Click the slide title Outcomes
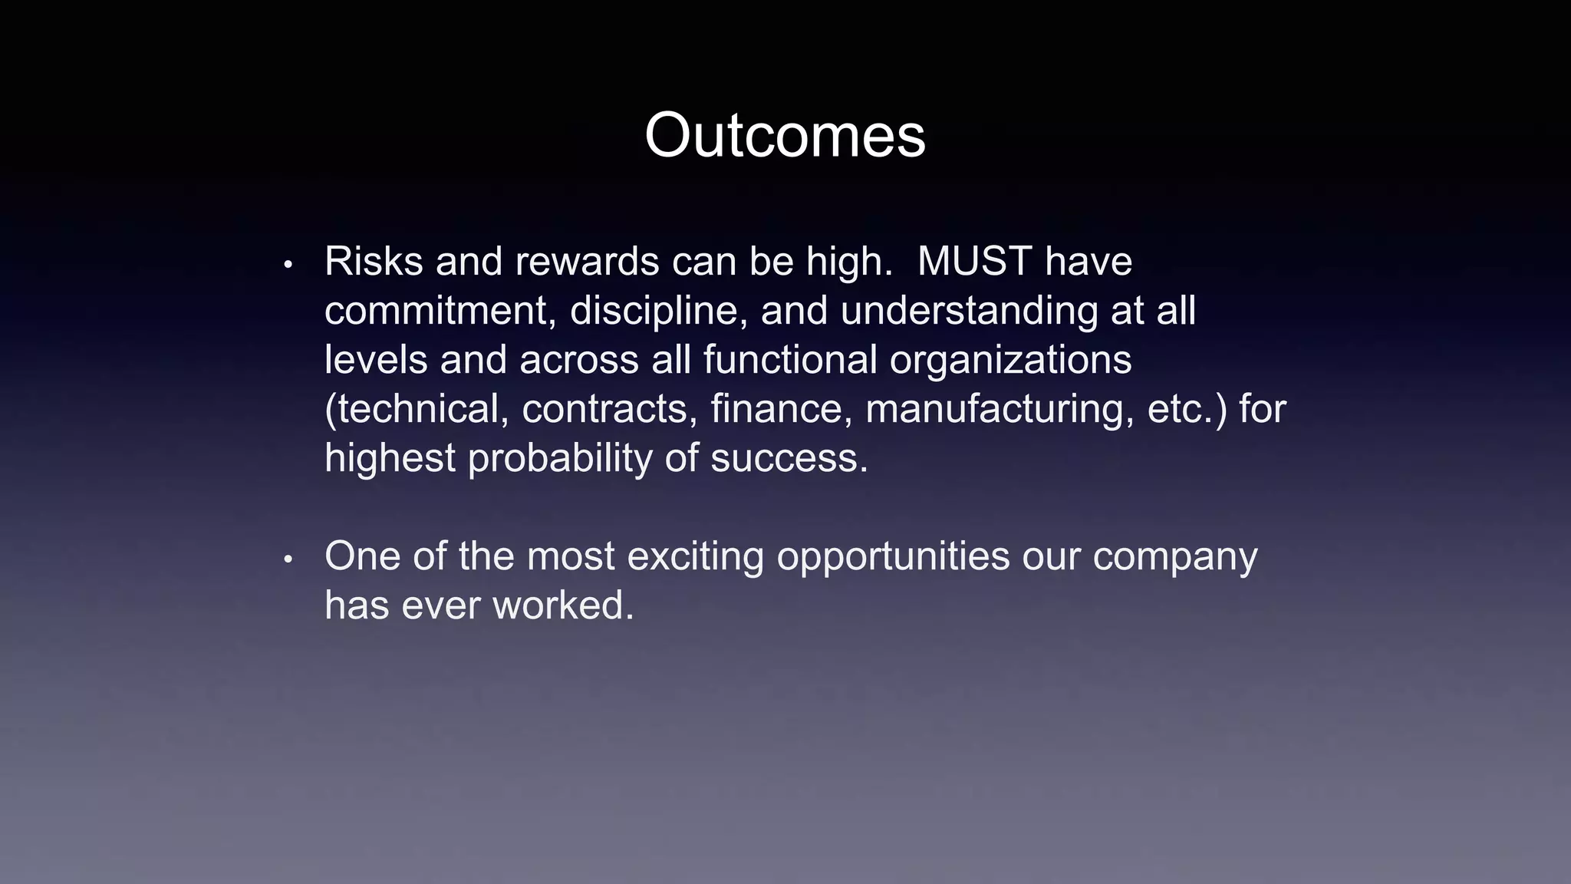coord(785,136)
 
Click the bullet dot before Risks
coord(288,266)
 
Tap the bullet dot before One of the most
coord(288,560)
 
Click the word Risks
coord(374,262)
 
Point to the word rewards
coord(587,262)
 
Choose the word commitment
coord(440,311)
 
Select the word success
coord(789,458)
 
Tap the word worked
coord(563,605)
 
